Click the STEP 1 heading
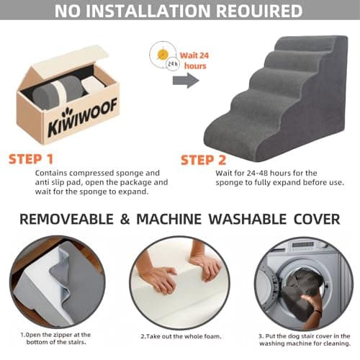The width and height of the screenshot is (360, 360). click(31, 159)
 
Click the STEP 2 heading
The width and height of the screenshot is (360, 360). click(203, 160)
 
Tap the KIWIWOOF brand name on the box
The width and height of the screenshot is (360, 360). click(82, 117)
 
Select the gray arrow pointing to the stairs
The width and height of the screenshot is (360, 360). click(186, 81)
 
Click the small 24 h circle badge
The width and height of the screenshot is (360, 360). click(173, 64)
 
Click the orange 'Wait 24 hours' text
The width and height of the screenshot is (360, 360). click(194, 60)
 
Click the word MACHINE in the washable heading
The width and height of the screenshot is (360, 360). click(169, 219)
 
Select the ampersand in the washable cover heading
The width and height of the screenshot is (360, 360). click(125, 219)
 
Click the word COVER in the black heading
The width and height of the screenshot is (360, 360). click(317, 219)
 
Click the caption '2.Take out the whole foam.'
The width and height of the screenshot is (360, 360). click(181, 336)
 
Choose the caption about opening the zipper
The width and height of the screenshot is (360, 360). click(56, 338)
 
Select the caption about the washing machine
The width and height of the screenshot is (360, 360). click(305, 340)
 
